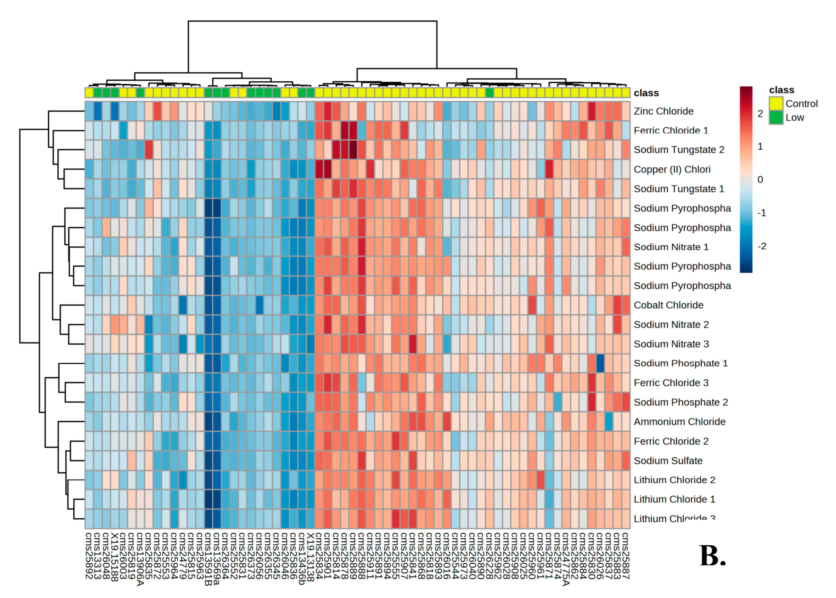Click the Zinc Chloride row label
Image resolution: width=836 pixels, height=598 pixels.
[x=663, y=111]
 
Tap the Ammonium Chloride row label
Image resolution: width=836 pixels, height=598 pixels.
[x=679, y=422]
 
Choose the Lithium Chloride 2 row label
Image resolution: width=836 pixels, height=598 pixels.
[x=674, y=480]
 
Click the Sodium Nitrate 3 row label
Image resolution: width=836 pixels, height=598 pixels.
[x=671, y=344]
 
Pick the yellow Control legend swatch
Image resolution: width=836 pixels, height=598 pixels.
[x=775, y=104]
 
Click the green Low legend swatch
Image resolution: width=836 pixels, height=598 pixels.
[x=775, y=117]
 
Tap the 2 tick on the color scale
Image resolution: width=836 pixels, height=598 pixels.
[x=760, y=114]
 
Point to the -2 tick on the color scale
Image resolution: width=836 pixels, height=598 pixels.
[x=761, y=246]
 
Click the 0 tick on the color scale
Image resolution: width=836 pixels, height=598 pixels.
[x=760, y=180]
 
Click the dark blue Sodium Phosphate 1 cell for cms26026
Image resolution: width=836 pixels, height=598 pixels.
[x=600, y=363]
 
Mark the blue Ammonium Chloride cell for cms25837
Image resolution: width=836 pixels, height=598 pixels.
[x=608, y=422]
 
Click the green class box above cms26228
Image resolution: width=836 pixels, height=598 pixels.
[x=489, y=92]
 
